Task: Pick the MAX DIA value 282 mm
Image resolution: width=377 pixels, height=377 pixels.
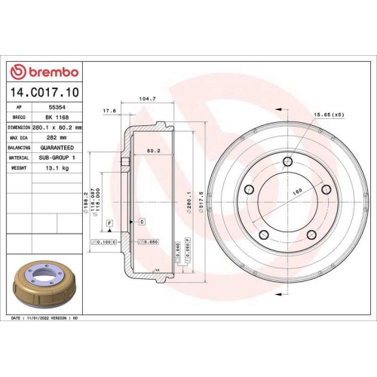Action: [54, 138]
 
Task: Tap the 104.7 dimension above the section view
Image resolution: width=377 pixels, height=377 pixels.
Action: [148, 99]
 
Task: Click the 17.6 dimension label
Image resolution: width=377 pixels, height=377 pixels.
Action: [109, 111]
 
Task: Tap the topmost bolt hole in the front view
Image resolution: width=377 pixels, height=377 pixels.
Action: [288, 161]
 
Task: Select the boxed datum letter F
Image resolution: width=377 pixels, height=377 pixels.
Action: [109, 224]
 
